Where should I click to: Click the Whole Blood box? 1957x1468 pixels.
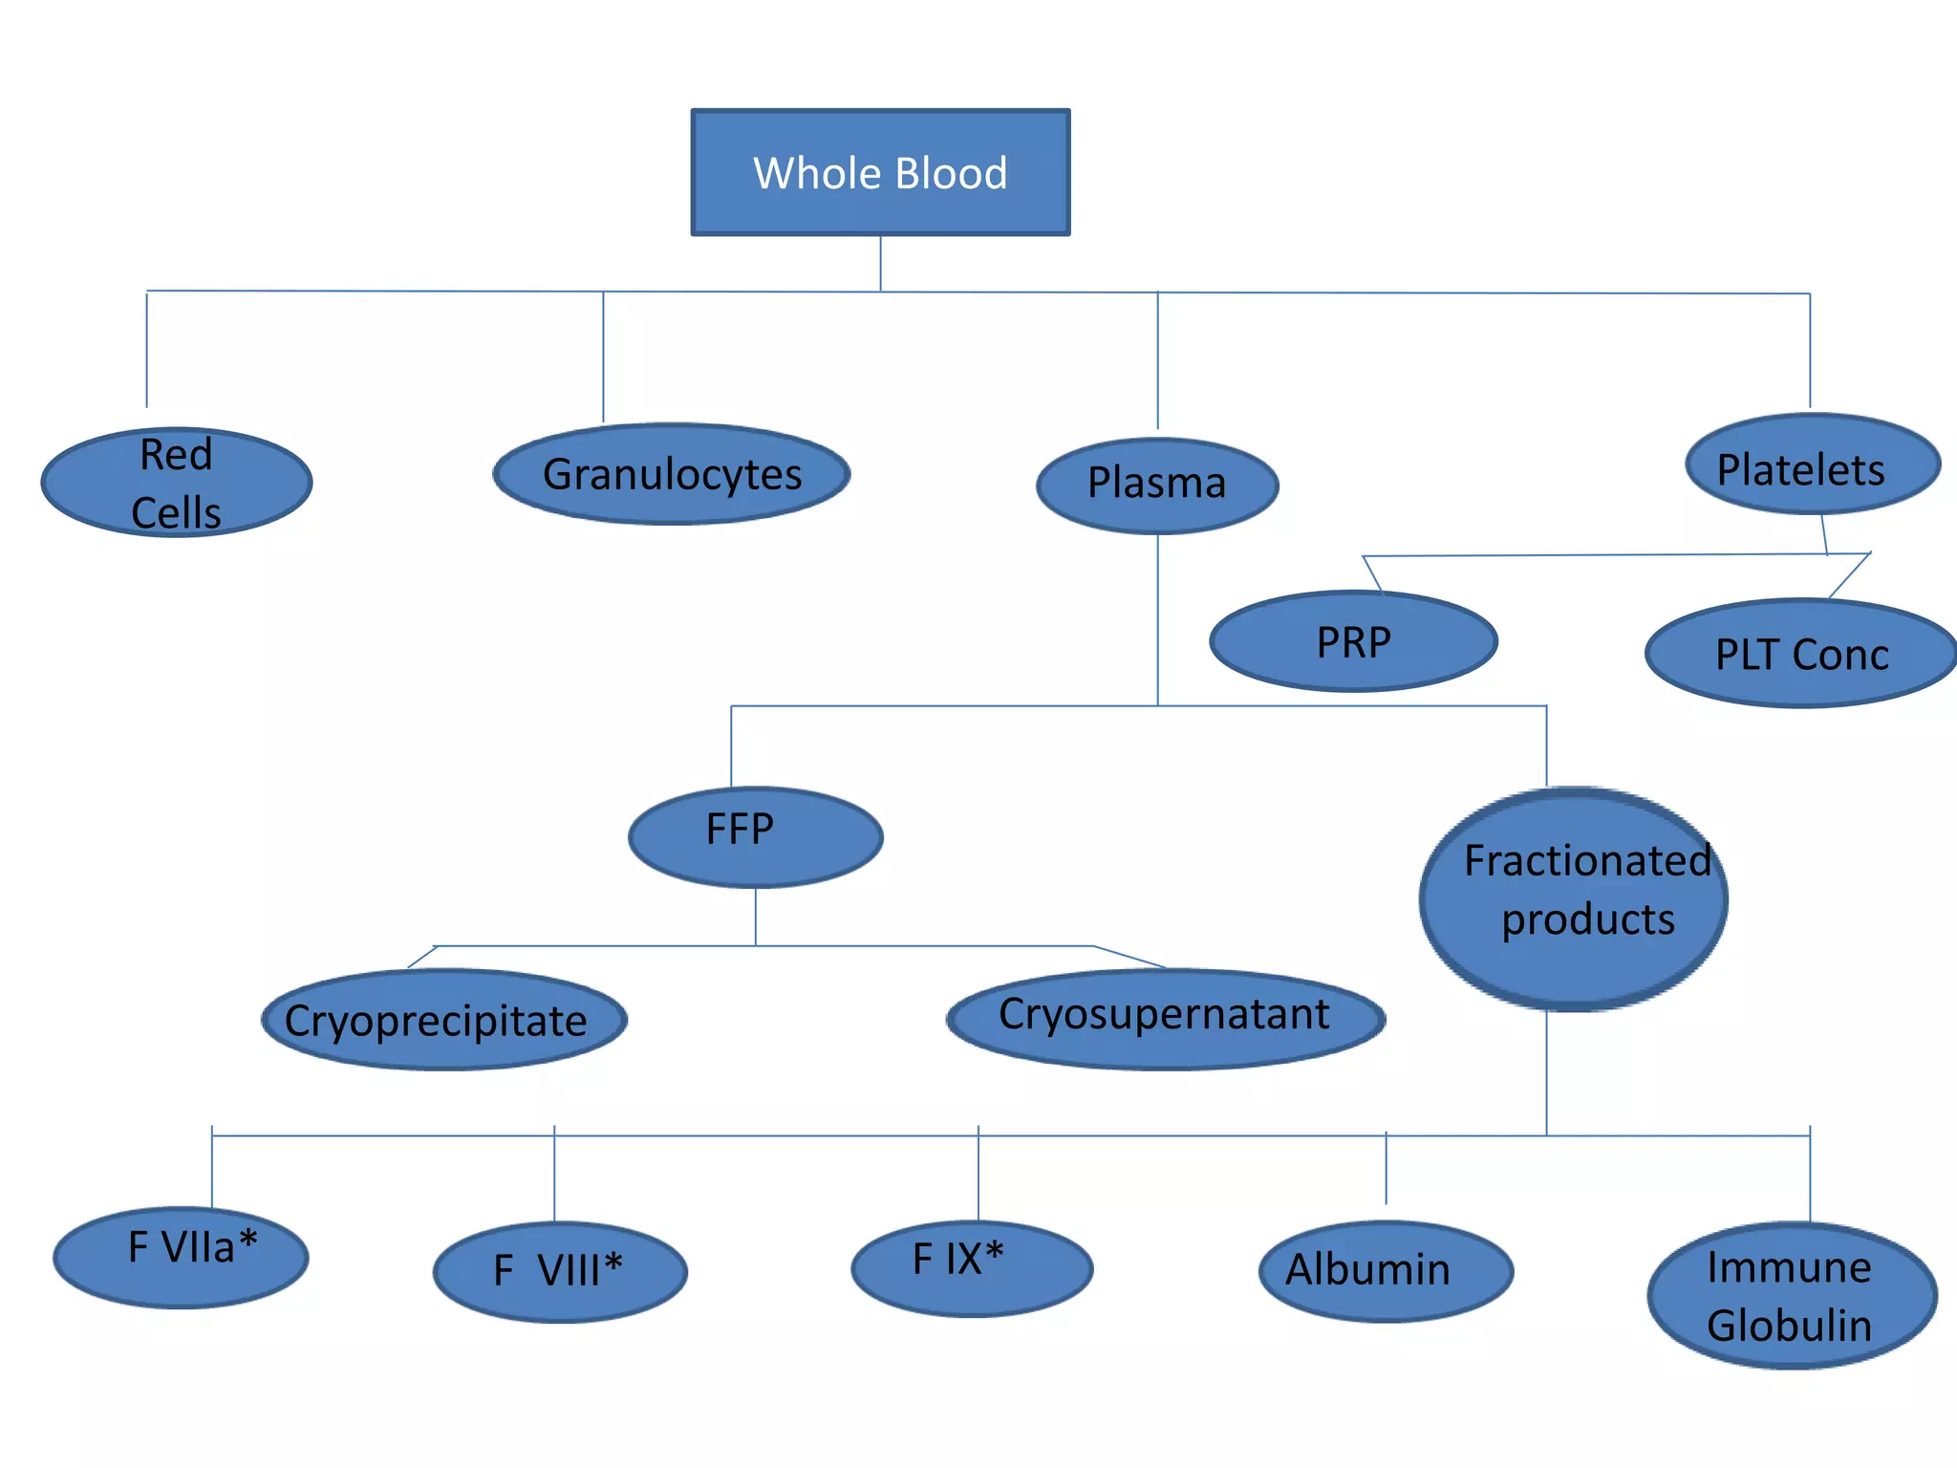(880, 173)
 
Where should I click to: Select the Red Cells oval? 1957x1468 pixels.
(177, 483)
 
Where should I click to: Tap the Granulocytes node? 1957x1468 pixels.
(672, 474)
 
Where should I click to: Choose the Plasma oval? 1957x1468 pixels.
(1157, 486)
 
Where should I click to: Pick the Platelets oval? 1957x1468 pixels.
(1813, 464)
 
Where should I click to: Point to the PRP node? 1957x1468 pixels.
(1353, 641)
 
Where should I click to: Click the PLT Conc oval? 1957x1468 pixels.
(1802, 654)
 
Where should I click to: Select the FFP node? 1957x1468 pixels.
(755, 837)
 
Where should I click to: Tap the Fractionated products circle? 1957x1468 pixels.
(1574, 898)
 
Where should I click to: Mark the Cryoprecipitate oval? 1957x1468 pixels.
(443, 1020)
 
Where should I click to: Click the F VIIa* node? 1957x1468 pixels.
(181, 1257)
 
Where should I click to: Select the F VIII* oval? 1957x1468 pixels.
(560, 1272)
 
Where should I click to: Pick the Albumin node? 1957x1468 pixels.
(1386, 1271)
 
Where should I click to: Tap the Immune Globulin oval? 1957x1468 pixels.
(1792, 1295)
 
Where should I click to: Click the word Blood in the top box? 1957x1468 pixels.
(951, 174)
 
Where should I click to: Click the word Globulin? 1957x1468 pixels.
(1789, 1326)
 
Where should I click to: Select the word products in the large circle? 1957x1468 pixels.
(1588, 919)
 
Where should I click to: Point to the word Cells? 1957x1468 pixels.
(176, 513)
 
